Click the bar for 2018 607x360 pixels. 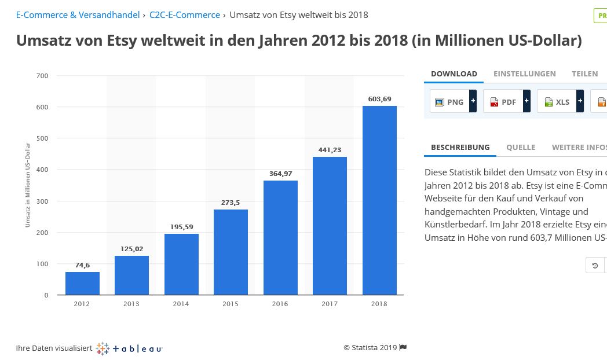coord(379,200)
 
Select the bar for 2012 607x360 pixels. coord(82,284)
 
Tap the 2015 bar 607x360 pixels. coord(231,252)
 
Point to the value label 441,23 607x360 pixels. coord(330,150)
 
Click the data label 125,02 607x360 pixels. coord(131,249)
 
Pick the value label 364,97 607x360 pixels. coord(280,174)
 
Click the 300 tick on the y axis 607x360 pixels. coord(43,201)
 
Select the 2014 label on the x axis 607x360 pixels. coord(181,304)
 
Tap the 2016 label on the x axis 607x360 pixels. coord(280,304)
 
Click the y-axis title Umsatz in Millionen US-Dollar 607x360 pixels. coord(28,185)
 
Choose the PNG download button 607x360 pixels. coord(449,102)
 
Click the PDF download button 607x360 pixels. coord(503,102)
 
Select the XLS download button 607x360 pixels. coord(557,102)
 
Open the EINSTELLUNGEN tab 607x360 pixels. coord(524,74)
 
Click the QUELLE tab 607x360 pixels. coord(520,147)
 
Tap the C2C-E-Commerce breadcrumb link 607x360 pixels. coord(184,14)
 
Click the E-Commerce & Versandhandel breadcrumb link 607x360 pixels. coord(78,14)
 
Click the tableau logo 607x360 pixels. coord(129,348)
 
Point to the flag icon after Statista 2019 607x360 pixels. coord(403,347)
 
